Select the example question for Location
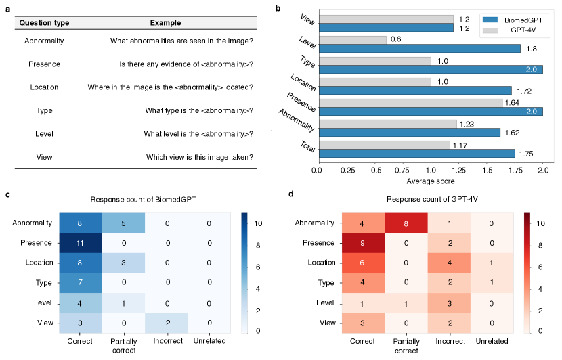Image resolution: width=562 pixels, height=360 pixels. click(170, 87)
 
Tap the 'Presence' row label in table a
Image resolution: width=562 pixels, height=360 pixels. click(45, 64)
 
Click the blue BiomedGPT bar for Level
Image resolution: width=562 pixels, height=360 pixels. click(419, 49)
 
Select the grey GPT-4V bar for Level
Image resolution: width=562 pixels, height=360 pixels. click(351, 39)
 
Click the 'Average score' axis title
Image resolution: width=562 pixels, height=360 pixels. click(429, 181)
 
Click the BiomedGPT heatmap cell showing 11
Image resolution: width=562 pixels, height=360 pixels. click(81, 242)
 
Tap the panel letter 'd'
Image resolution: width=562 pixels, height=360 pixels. click(291, 194)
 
